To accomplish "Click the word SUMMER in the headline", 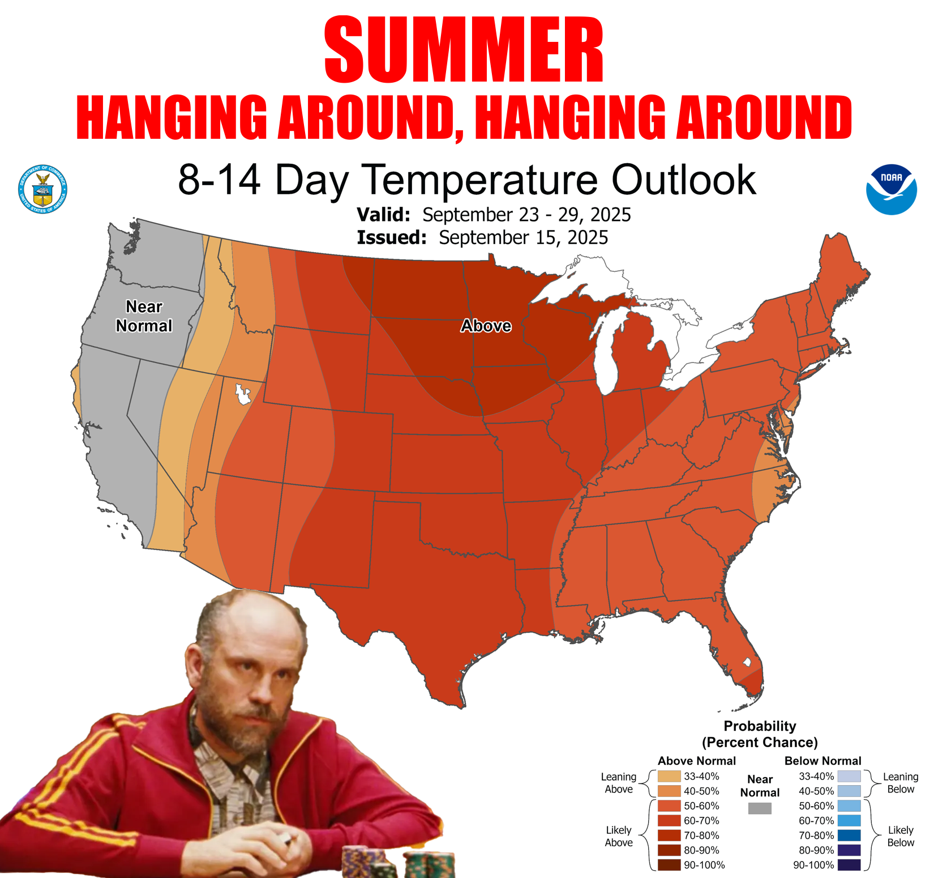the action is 464,50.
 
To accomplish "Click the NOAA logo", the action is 891,190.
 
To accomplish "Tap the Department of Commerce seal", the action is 42,189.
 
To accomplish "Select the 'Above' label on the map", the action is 486,326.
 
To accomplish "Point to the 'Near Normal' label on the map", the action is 144,316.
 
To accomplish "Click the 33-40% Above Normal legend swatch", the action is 669,776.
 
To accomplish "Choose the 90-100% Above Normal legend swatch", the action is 669,865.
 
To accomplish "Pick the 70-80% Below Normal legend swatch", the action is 849,836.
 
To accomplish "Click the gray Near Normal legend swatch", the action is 760,808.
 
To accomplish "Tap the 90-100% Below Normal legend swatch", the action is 849,865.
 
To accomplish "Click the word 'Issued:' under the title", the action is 392,237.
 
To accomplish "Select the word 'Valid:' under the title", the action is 383,215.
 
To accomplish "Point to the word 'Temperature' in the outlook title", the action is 479,180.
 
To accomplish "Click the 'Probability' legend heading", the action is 760,726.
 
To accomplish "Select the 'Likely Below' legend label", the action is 901,836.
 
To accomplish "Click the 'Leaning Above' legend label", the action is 619,783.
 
